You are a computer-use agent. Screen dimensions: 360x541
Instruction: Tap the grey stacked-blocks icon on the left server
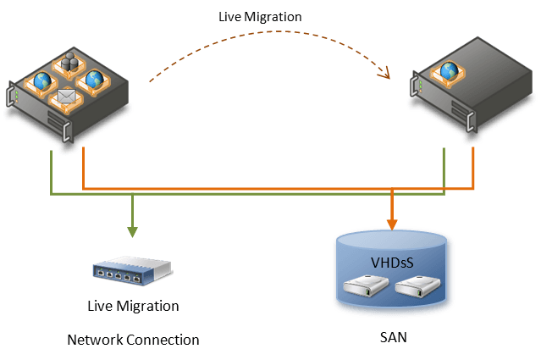click(69, 63)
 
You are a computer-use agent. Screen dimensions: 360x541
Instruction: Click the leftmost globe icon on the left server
click(41, 82)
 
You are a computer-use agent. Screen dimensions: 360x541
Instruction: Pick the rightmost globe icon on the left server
click(94, 80)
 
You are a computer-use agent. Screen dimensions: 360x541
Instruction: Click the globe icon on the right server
click(448, 70)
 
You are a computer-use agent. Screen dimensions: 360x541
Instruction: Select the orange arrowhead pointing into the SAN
click(392, 224)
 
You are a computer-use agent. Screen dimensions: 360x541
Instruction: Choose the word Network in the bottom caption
click(96, 340)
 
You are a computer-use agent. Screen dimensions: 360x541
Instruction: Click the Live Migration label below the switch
click(133, 305)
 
